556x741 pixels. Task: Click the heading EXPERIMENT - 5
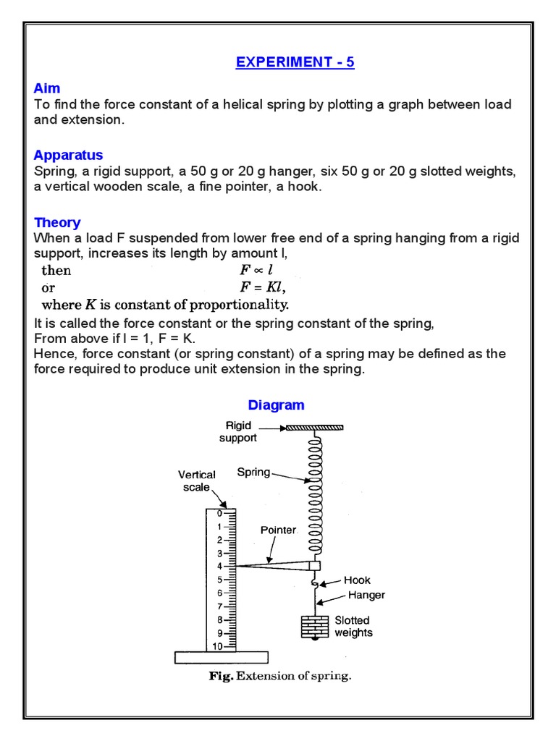click(295, 62)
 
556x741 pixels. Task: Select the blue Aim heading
click(47, 88)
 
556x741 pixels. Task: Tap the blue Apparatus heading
click(68, 155)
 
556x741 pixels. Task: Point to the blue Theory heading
click(57, 222)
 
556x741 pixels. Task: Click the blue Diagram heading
click(276, 405)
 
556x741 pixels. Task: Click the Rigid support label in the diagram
click(238, 432)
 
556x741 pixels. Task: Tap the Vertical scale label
click(197, 480)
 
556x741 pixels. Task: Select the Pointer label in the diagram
click(279, 530)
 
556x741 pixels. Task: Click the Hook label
click(357, 580)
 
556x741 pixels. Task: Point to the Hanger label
click(366, 596)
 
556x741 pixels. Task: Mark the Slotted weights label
click(353, 627)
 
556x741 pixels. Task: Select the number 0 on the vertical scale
click(219, 514)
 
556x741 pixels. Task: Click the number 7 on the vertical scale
click(219, 606)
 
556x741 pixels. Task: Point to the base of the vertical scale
click(221, 657)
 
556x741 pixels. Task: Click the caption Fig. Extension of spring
click(279, 677)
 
